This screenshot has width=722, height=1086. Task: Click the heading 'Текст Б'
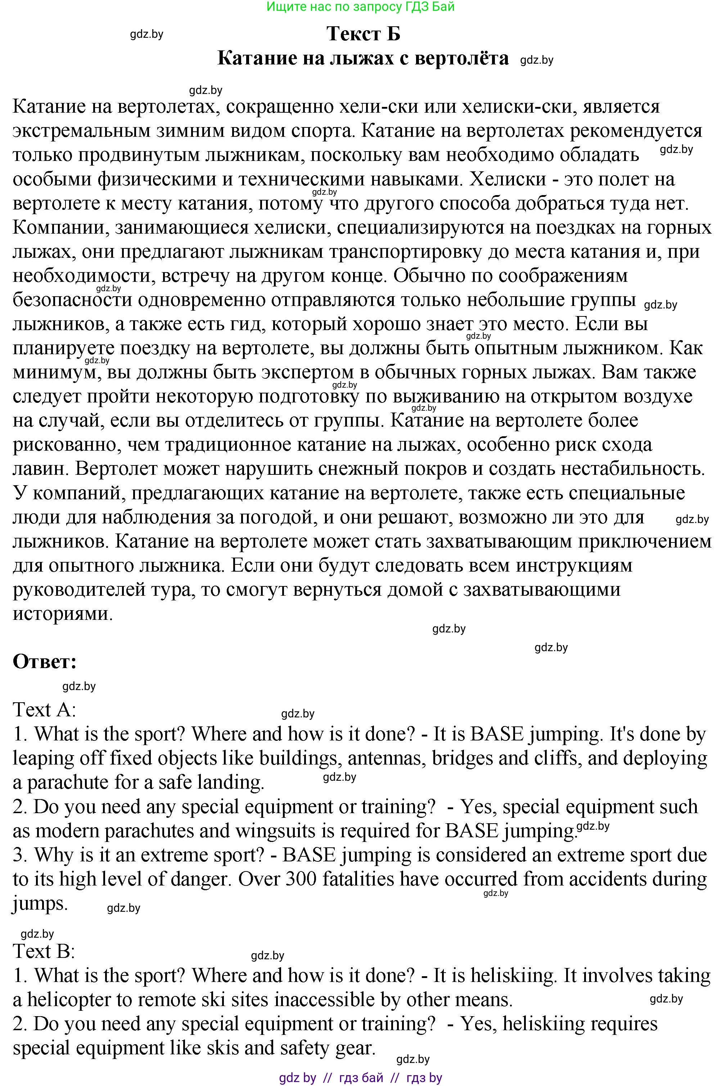[363, 33]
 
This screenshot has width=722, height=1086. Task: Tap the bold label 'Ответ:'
[45, 662]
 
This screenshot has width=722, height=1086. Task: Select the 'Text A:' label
[44, 710]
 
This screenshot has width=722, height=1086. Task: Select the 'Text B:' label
[44, 951]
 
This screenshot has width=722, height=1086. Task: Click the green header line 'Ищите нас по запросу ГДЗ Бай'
[361, 6]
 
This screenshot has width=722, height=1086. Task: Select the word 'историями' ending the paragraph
[63, 614]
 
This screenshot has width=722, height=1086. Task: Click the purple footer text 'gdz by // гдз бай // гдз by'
[361, 1078]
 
